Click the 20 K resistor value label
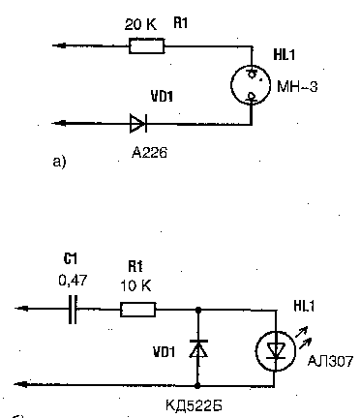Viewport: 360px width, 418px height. pyautogui.click(x=140, y=24)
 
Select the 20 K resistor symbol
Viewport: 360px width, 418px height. pyautogui.click(x=147, y=45)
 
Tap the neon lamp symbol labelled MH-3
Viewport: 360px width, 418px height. pyautogui.click(x=251, y=85)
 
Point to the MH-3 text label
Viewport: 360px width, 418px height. pyautogui.click(x=297, y=87)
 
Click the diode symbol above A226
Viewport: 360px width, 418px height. pyautogui.click(x=138, y=123)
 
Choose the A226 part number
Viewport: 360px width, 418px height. pyautogui.click(x=150, y=152)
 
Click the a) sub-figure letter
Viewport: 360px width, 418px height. pyautogui.click(x=59, y=162)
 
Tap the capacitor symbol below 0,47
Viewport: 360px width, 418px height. pyautogui.click(x=73, y=309)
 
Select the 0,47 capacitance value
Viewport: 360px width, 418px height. pyautogui.click(x=73, y=281)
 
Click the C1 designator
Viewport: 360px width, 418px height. pyautogui.click(x=71, y=258)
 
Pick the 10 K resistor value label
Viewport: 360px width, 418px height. pyautogui.click(x=135, y=286)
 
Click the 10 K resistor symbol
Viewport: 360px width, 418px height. pyautogui.click(x=138, y=310)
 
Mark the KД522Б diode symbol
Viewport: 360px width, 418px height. pyautogui.click(x=198, y=348)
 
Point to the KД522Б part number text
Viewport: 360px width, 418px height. pyautogui.click(x=194, y=405)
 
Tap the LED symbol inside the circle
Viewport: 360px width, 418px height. pyautogui.click(x=275, y=350)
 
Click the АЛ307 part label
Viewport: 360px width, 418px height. pyautogui.click(x=330, y=361)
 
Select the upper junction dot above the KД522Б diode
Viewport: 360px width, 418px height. pyautogui.click(x=198, y=310)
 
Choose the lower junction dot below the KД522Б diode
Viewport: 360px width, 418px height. pyautogui.click(x=198, y=385)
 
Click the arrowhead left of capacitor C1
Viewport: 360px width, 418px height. pyautogui.click(x=21, y=309)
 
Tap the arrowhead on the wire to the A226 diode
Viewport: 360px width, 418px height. pyautogui.click(x=59, y=123)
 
